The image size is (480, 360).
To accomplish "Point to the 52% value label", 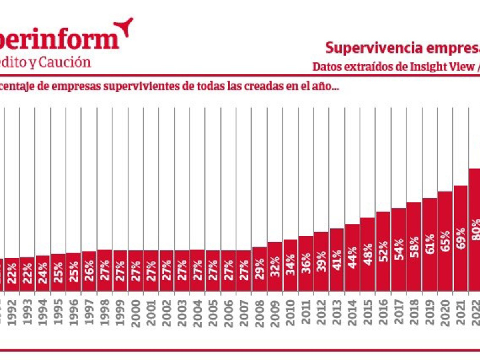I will (x=383, y=252).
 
